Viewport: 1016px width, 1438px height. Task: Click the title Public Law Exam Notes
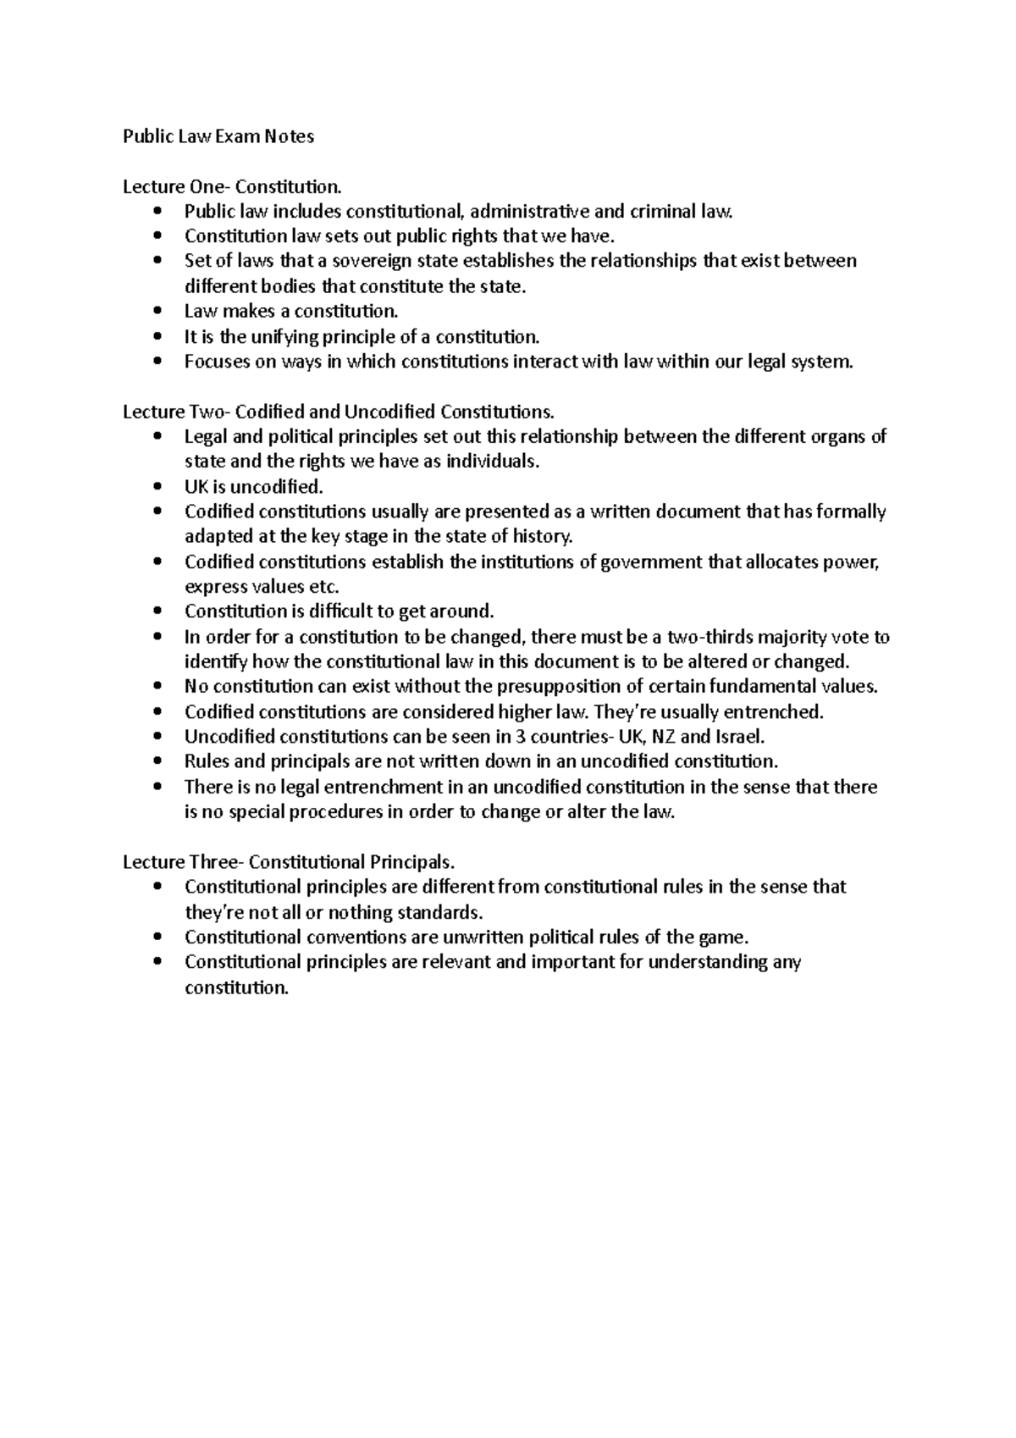point(218,136)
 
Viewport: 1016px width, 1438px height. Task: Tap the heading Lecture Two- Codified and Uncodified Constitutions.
point(339,412)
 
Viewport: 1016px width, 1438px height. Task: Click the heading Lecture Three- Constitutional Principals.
point(289,862)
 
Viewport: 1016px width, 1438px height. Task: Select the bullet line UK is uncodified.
point(253,487)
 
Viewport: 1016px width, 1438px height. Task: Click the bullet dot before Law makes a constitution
point(158,312)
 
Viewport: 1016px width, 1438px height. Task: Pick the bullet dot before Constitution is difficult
point(158,611)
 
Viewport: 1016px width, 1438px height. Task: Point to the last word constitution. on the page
point(236,987)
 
